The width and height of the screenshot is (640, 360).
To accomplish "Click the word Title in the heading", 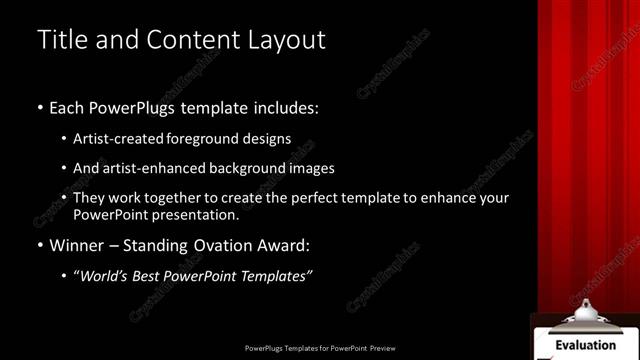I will (x=60, y=40).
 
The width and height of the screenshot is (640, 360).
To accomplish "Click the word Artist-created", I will (x=118, y=139).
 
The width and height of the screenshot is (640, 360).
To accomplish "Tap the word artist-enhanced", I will (x=147, y=169).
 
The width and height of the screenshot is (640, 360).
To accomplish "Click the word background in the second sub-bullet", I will (x=250, y=169).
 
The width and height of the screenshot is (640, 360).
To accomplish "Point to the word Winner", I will (x=77, y=245).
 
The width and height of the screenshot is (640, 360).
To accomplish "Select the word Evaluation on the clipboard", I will (x=585, y=345).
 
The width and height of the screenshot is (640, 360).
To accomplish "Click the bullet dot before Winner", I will (x=39, y=246).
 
